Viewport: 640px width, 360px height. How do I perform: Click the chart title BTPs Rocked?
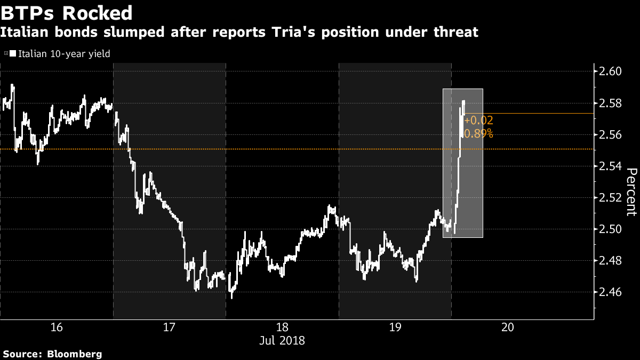click(67, 12)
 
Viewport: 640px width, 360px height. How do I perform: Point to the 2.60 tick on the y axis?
click(612, 71)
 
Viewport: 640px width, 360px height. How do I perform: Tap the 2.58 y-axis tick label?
click(612, 103)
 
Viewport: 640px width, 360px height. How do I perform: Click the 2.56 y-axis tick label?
click(612, 134)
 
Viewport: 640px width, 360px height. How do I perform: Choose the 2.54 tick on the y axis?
click(612, 166)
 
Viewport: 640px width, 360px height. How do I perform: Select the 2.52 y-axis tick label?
click(612, 198)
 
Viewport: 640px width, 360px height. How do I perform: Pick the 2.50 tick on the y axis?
click(612, 229)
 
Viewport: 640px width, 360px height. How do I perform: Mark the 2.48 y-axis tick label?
click(612, 261)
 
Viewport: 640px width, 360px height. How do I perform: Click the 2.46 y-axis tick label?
click(612, 292)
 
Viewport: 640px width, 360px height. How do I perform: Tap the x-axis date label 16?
click(56, 327)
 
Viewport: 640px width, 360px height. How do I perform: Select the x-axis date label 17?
click(169, 327)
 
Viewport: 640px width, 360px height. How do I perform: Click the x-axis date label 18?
click(282, 327)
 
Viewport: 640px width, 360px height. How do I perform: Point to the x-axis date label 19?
click(395, 327)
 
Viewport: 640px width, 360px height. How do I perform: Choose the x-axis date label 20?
click(508, 327)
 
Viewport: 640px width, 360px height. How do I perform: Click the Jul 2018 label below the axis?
click(282, 340)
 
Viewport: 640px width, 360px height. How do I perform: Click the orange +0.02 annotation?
click(479, 122)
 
